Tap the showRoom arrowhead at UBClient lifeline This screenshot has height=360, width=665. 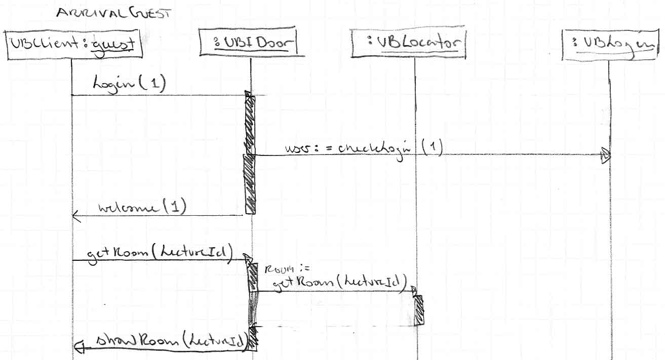pos(79,346)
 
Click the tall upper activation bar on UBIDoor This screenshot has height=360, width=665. pos(250,154)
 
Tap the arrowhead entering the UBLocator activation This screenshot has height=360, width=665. pos(413,292)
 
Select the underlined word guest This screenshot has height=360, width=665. pos(113,45)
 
